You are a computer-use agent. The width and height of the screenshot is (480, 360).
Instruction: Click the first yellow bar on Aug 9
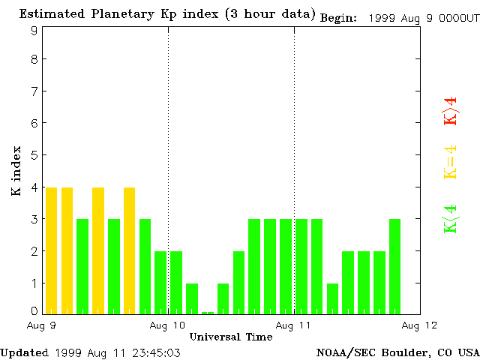[x=51, y=250]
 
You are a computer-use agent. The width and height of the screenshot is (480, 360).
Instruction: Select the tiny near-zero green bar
[x=208, y=312]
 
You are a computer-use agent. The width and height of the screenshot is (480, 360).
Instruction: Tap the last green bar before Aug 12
[x=395, y=266]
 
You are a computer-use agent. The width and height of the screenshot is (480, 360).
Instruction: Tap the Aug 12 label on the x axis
[x=419, y=325]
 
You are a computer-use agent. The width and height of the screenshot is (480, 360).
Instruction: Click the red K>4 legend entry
[x=450, y=111]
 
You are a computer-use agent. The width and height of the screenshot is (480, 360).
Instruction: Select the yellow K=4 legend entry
[x=450, y=163]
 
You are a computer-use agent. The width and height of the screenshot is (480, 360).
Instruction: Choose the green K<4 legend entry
[x=450, y=219]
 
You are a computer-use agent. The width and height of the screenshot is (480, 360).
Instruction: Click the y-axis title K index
[x=16, y=172]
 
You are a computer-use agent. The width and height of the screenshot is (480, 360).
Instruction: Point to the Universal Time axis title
[x=230, y=337]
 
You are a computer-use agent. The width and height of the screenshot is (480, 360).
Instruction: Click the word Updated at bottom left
[x=24, y=352]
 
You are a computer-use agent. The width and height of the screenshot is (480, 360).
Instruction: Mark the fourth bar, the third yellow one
[x=98, y=250]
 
